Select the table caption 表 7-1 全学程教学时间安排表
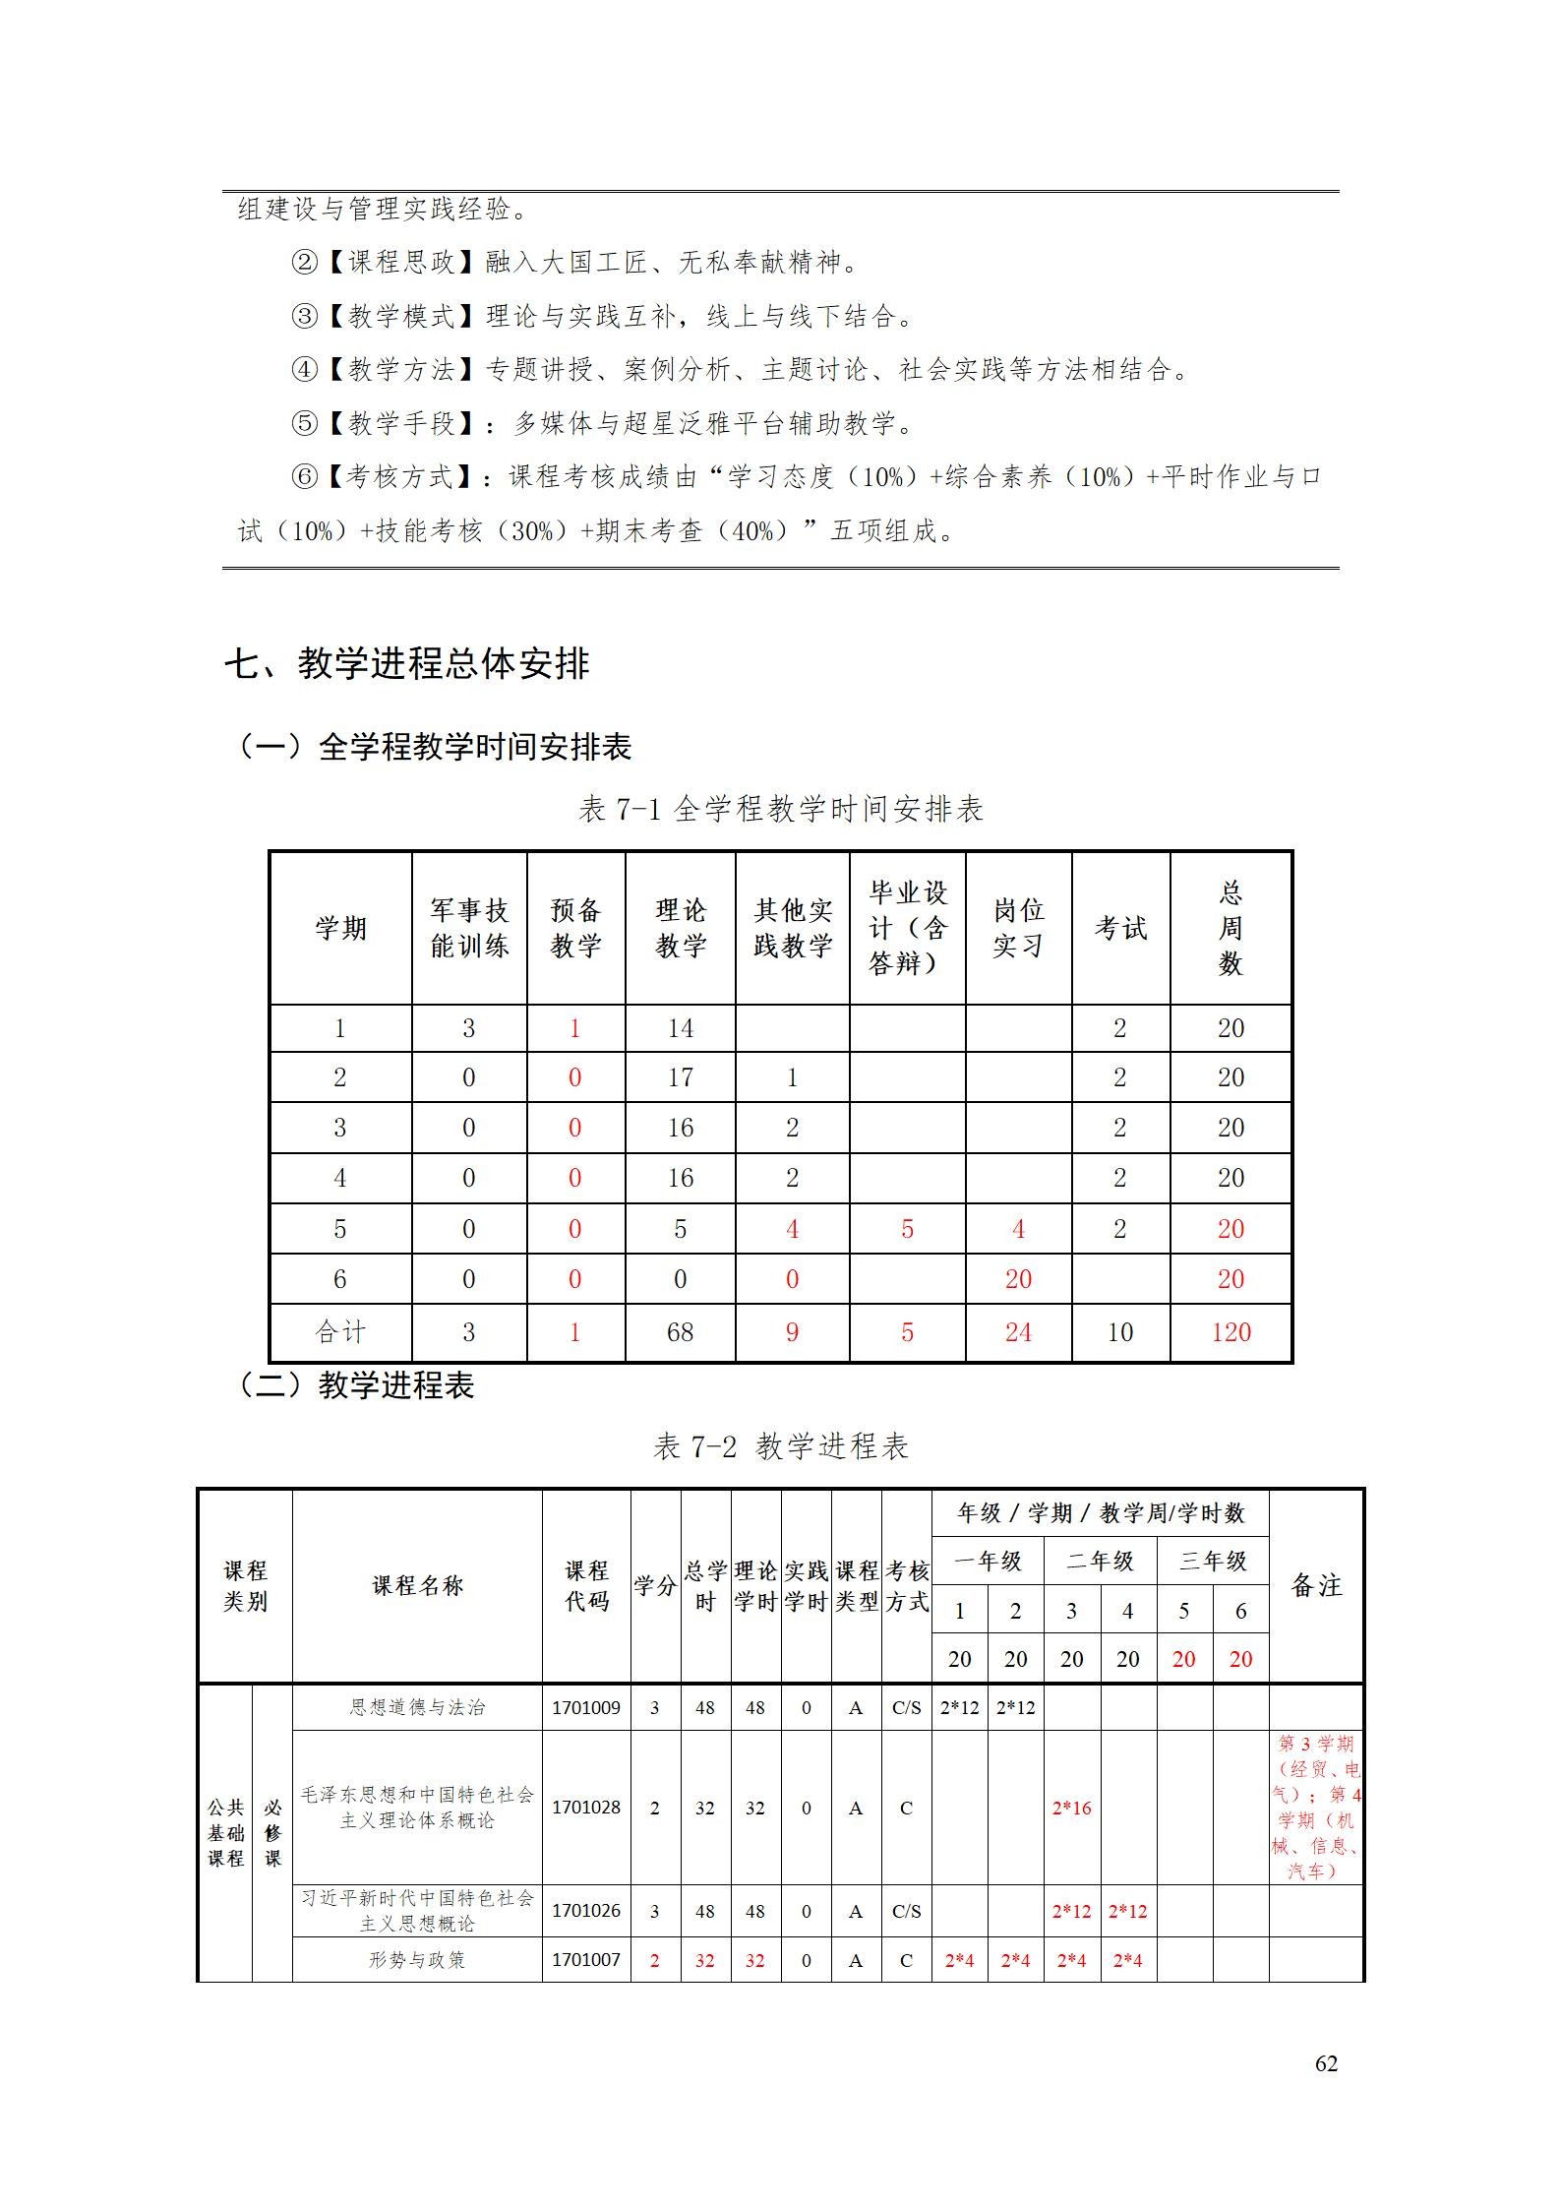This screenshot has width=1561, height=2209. coord(780,809)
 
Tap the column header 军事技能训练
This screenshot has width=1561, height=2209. coord(469,928)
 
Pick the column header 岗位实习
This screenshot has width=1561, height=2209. coord(1018,928)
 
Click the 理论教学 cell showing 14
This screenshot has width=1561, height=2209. coord(680,1028)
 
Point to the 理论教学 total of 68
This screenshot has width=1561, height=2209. coord(680,1332)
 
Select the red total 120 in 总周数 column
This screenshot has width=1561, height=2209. coord(1231,1332)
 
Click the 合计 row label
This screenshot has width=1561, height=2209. coord(340,1332)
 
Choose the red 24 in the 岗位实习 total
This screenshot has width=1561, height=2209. coord(1018,1332)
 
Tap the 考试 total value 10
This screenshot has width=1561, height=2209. coord(1120,1332)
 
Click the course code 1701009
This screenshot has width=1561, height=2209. coord(586,1707)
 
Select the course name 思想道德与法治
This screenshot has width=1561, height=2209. coord(417,1707)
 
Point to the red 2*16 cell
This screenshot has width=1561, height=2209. coord(1071,1808)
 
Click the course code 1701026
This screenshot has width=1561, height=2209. coord(586,1911)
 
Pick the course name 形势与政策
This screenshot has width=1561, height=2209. coord(417,1960)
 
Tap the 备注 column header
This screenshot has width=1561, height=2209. coord(1316,1585)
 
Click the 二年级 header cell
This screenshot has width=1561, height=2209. coord(1100,1561)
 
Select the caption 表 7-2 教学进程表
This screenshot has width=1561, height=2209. coord(780,1445)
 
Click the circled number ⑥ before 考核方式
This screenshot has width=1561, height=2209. coord(305,477)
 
